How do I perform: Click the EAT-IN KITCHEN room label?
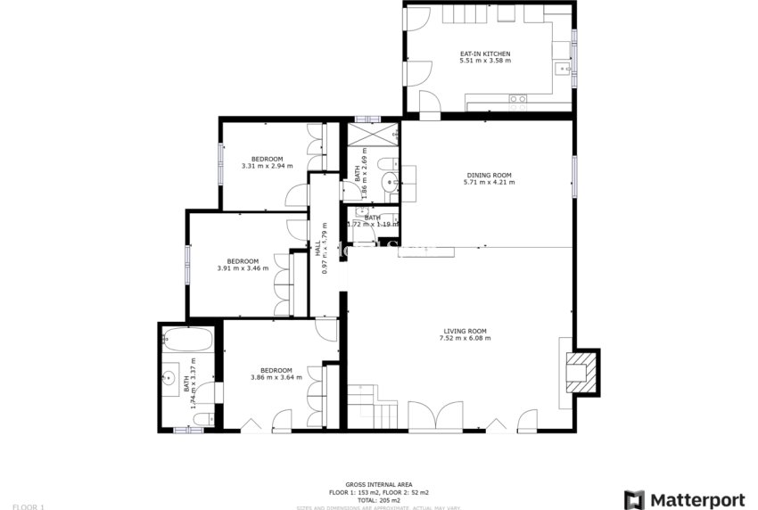pos(484,53)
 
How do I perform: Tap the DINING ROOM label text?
pos(489,175)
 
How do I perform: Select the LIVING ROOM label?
pos(464,332)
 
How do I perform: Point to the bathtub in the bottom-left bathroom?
pos(186,340)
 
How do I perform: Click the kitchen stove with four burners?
pos(517,100)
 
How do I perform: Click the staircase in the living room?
pos(370,407)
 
